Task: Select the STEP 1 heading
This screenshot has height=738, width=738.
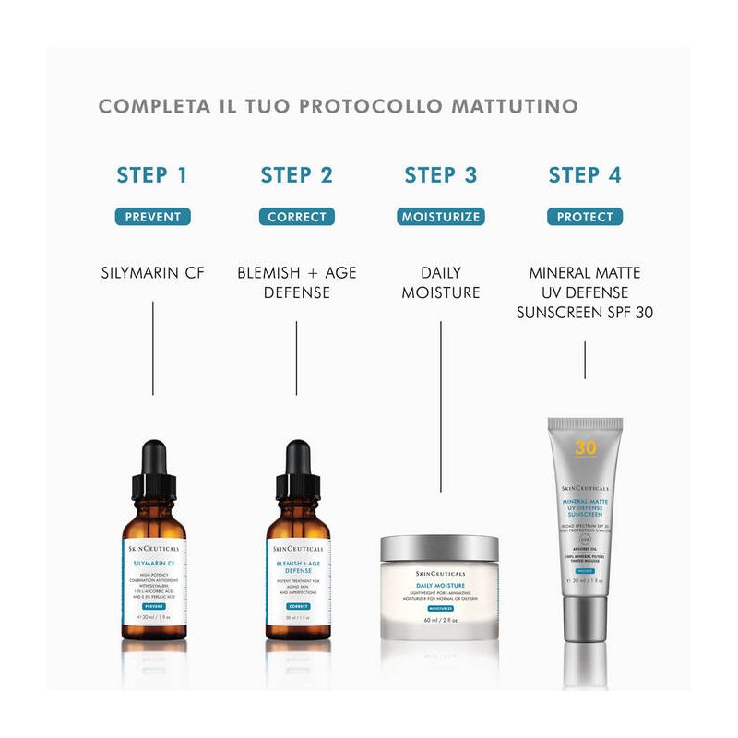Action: point(152,175)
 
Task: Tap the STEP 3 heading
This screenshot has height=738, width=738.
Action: point(441,175)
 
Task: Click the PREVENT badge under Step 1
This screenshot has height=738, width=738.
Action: point(152,217)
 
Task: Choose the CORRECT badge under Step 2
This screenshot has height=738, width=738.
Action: point(296,217)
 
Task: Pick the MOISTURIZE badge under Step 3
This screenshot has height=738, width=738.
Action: point(441,217)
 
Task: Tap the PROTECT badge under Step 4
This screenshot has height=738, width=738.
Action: point(585,217)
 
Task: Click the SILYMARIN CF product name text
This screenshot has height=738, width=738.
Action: point(152,273)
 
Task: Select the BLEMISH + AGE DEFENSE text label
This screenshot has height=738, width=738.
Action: point(296,282)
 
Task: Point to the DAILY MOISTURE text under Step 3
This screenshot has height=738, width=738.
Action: point(441,282)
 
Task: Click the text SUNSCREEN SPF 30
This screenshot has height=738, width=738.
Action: point(585,313)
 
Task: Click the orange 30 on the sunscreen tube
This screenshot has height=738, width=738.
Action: point(584,449)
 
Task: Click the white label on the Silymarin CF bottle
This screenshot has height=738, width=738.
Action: point(152,581)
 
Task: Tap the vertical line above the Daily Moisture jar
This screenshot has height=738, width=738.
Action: point(441,406)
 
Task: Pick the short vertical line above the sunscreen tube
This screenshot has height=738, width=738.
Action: point(585,360)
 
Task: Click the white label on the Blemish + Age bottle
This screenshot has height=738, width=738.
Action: point(296,581)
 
